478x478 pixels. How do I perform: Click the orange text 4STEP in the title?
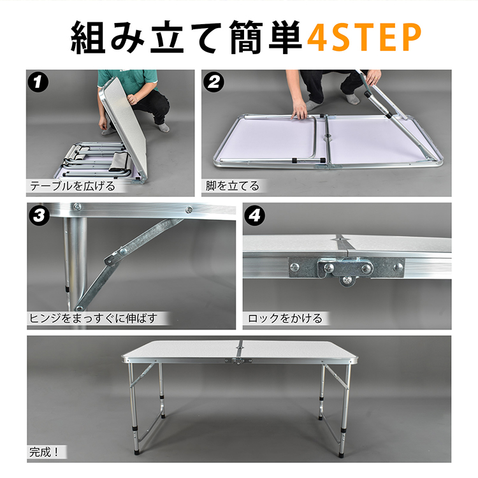click(x=364, y=38)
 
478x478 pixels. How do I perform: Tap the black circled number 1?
click(x=38, y=82)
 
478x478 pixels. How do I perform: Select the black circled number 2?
click(x=214, y=82)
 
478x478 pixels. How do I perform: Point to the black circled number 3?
click(x=39, y=215)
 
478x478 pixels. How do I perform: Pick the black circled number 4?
click(x=254, y=215)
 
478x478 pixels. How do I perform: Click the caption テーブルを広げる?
click(x=73, y=185)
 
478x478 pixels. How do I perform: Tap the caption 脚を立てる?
click(x=232, y=185)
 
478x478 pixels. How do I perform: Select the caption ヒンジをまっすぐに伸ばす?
click(x=93, y=318)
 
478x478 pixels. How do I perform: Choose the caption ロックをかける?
click(x=285, y=318)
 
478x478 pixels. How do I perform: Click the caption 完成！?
click(x=44, y=451)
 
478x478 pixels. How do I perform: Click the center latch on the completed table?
click(x=238, y=361)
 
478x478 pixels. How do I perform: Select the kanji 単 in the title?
click(x=286, y=37)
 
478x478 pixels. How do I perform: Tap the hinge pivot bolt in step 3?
click(x=124, y=251)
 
